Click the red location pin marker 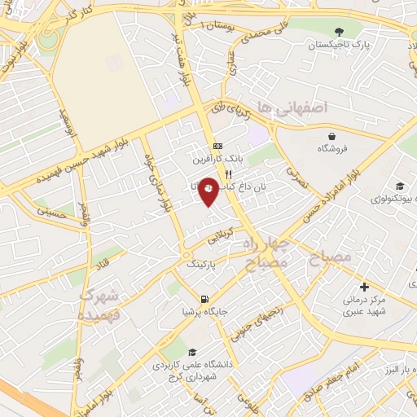pos(209,191)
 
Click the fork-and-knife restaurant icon pos(229,174)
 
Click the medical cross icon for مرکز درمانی pos(364,287)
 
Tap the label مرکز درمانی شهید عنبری pos(363,305)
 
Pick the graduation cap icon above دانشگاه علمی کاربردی pos(192,352)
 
